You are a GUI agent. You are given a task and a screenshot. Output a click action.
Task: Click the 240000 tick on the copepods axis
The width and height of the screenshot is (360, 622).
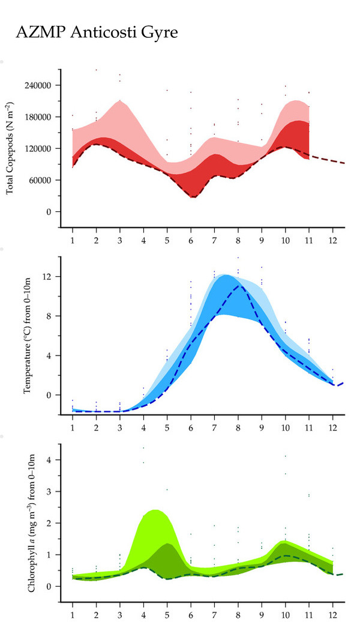point(39,85)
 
